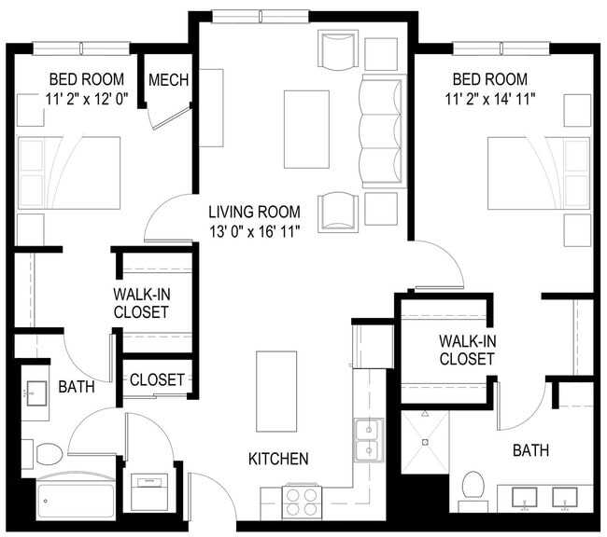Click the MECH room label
pos(168,80)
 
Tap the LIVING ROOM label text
pos(254,212)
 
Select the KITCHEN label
pos(278,459)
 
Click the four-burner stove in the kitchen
pos(302,502)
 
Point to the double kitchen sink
pos(369,440)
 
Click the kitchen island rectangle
pos(276,392)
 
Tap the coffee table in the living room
pos(306,130)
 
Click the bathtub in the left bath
pos(76,496)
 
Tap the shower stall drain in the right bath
pos(426,442)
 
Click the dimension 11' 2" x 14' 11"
pos(489,99)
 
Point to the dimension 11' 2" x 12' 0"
pos(87,99)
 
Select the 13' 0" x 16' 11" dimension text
pos(255,231)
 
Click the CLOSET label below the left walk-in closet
pos(157,379)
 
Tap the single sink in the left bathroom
pos(36,393)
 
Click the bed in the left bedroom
pos(69,172)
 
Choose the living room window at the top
pos(261,16)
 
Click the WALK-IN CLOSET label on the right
pos(467,350)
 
